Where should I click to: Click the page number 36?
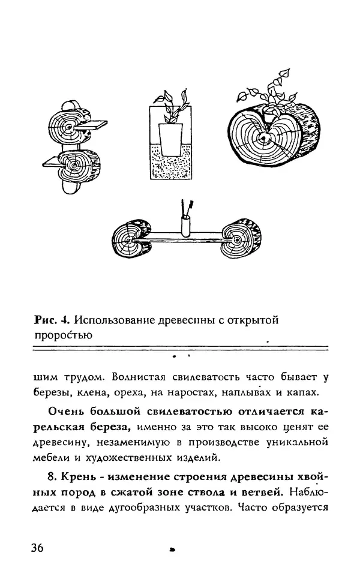coord(35,548)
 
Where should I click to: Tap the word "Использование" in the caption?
coord(114,320)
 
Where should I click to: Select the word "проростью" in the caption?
coord(62,336)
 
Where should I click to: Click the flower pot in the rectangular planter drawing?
coord(169,140)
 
